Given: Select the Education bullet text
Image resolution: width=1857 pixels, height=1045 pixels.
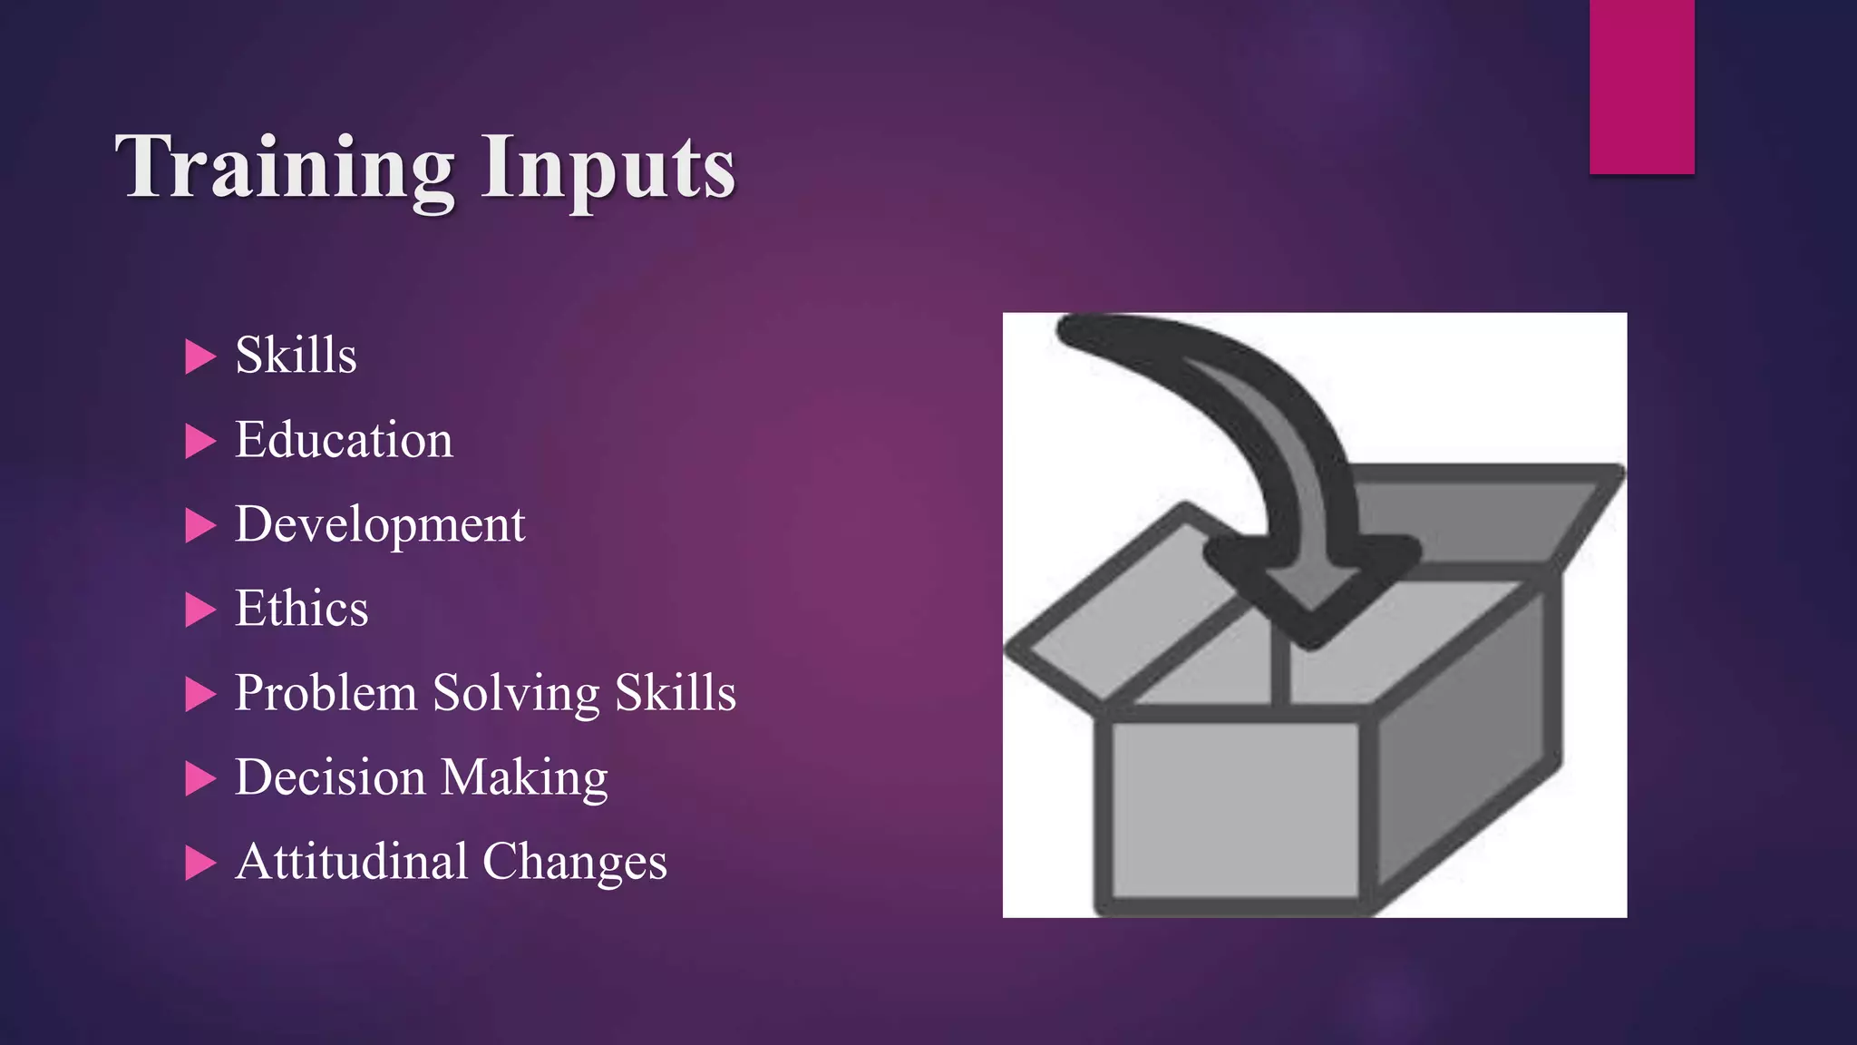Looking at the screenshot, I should [344, 440].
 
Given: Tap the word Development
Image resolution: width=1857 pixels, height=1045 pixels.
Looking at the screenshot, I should [380, 525].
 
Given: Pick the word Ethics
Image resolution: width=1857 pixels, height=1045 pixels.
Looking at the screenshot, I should [301, 609].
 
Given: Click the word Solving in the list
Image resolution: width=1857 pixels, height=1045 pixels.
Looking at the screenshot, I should [516, 694].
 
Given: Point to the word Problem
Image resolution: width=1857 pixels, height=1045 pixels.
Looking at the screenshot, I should [326, 694].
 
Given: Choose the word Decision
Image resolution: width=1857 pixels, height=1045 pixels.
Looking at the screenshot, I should [330, 777].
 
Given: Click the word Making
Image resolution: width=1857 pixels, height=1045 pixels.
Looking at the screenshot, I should [524, 778].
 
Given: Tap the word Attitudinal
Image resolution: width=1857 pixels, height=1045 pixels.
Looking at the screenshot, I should [352, 862].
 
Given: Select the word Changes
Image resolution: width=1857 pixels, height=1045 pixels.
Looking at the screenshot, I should [575, 862].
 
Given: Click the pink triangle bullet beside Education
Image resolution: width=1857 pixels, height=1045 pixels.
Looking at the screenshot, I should [199, 442].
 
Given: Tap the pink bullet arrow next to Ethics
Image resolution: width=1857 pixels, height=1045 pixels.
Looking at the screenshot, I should [199, 610].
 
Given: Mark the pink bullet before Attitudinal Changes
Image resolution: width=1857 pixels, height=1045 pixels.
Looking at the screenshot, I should [199, 863].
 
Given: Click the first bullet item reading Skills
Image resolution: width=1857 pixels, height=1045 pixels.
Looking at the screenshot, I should [296, 355].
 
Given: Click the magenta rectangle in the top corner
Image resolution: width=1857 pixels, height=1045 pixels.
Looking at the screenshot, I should [1641, 86].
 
